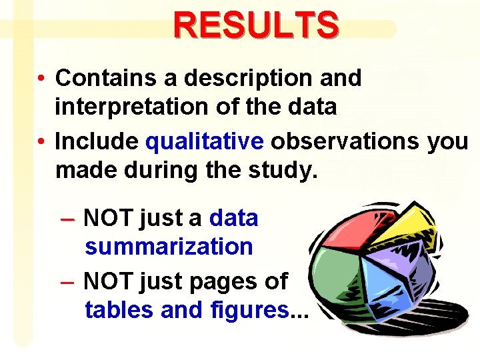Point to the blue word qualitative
[x=205, y=141]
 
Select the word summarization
[x=169, y=247]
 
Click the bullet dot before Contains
[x=41, y=79]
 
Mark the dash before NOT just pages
[x=67, y=282]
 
